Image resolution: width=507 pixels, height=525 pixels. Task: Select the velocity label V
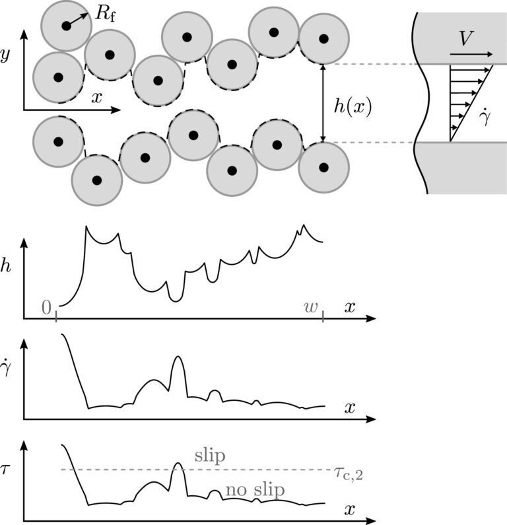467,40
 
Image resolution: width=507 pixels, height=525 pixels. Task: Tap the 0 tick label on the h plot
46,306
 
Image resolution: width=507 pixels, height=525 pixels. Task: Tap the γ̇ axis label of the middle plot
8,371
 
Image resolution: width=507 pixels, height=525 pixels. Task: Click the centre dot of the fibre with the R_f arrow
65,26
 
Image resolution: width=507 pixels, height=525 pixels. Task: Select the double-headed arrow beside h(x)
323,103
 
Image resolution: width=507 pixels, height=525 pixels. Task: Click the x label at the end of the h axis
350,308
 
